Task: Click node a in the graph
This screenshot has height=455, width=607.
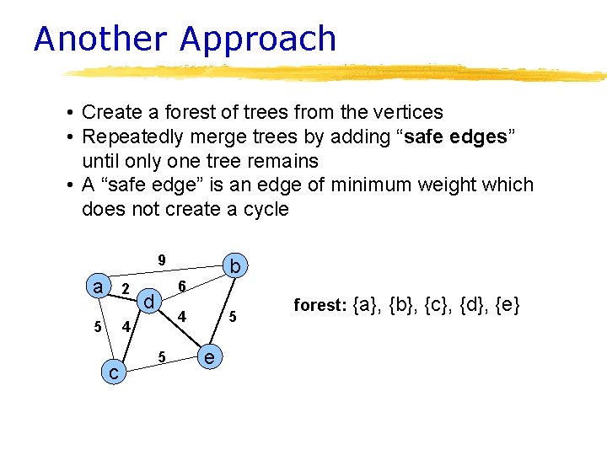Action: pos(99,286)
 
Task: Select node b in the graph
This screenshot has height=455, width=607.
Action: pos(236,267)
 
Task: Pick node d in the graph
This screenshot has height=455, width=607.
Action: pos(148,301)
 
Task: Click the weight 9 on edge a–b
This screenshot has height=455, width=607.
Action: pos(162,259)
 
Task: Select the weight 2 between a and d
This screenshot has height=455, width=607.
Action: pos(125,290)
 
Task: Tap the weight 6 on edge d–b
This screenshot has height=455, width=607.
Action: pos(182,287)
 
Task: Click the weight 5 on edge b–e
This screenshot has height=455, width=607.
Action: pos(235,318)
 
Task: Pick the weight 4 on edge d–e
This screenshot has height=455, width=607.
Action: pos(181,318)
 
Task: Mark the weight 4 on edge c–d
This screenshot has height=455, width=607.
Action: pos(125,326)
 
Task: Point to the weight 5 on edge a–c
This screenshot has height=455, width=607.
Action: pos(98,326)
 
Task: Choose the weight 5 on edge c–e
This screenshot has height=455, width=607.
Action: pos(162,356)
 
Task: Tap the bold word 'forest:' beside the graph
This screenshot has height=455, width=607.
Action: pos(320,305)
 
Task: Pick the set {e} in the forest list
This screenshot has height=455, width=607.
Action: pos(506,305)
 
